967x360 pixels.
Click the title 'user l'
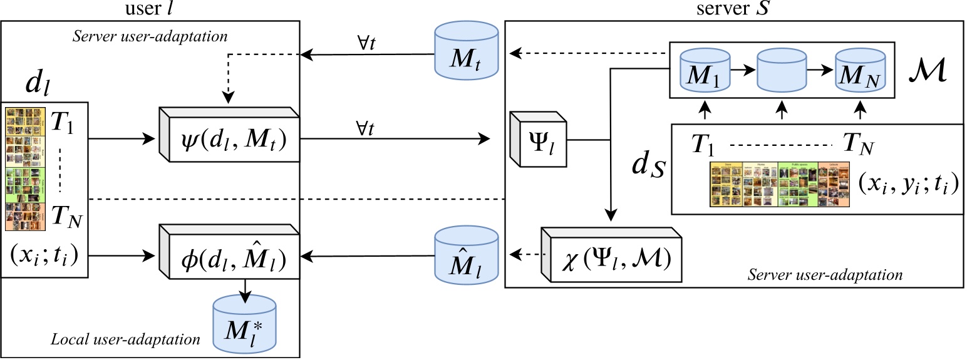click(150, 9)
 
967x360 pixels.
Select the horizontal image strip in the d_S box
click(779, 185)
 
